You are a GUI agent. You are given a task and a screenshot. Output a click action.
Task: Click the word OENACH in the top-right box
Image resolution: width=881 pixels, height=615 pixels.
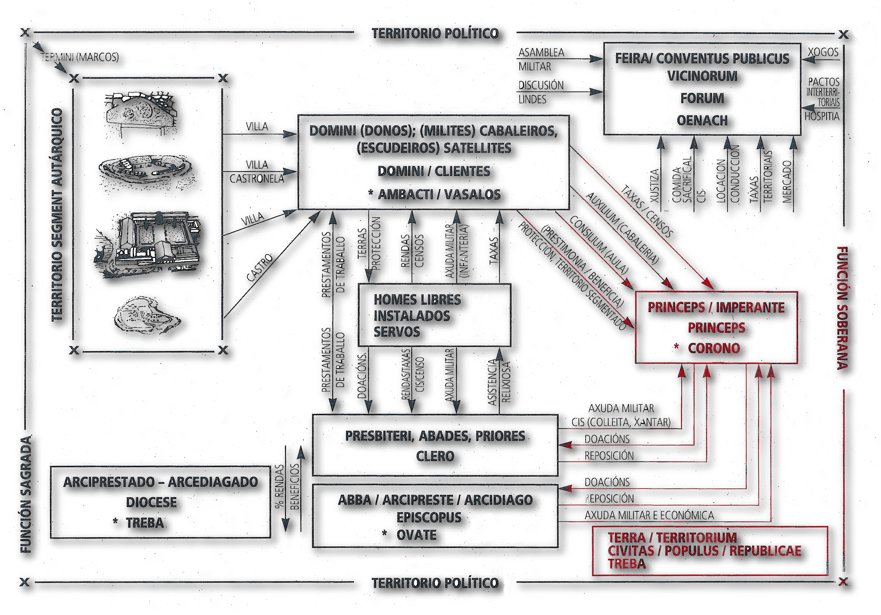click(702, 120)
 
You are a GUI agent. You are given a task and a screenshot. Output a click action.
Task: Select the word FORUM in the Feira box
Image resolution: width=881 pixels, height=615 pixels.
click(702, 98)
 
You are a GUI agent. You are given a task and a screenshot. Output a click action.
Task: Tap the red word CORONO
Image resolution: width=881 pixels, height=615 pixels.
click(714, 348)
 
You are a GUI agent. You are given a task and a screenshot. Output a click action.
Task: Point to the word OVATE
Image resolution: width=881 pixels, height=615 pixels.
click(416, 535)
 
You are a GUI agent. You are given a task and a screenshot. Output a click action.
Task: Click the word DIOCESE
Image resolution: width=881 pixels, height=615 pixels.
click(152, 502)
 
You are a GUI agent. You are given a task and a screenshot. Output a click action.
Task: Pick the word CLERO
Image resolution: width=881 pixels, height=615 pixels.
click(435, 456)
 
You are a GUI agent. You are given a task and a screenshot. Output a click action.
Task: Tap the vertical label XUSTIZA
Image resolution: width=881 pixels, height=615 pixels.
click(655, 186)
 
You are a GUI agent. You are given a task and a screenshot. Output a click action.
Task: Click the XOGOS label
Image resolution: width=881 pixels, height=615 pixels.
click(823, 52)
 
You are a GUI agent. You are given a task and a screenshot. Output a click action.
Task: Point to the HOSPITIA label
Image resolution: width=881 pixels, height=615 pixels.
click(822, 116)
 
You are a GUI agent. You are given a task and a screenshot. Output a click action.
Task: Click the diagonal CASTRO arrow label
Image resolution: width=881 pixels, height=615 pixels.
click(259, 268)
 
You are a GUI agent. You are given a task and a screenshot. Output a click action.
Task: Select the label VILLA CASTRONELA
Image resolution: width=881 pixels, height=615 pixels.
click(257, 172)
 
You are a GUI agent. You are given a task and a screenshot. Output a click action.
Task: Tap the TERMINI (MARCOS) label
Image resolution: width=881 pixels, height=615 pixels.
click(80, 57)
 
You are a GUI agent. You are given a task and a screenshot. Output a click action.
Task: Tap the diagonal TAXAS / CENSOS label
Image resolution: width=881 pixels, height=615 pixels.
click(647, 211)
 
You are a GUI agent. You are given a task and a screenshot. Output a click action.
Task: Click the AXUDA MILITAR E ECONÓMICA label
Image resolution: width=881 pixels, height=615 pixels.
click(649, 515)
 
